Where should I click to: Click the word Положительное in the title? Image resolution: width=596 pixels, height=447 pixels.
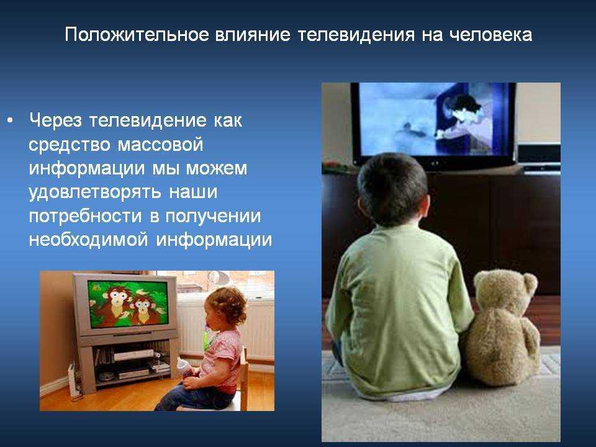pyautogui.click(x=137, y=35)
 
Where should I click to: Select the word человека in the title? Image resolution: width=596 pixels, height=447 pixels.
pyautogui.click(x=490, y=35)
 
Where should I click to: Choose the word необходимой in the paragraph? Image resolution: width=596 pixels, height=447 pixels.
pyautogui.click(x=88, y=240)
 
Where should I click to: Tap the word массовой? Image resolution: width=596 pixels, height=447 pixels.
pyautogui.click(x=160, y=145)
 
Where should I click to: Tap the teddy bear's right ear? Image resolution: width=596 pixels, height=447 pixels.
pyautogui.click(x=530, y=283)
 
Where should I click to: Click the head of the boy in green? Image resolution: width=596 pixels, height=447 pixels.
pyautogui.click(x=392, y=189)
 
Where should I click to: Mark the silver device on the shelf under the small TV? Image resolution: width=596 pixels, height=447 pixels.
pyautogui.click(x=134, y=355)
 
